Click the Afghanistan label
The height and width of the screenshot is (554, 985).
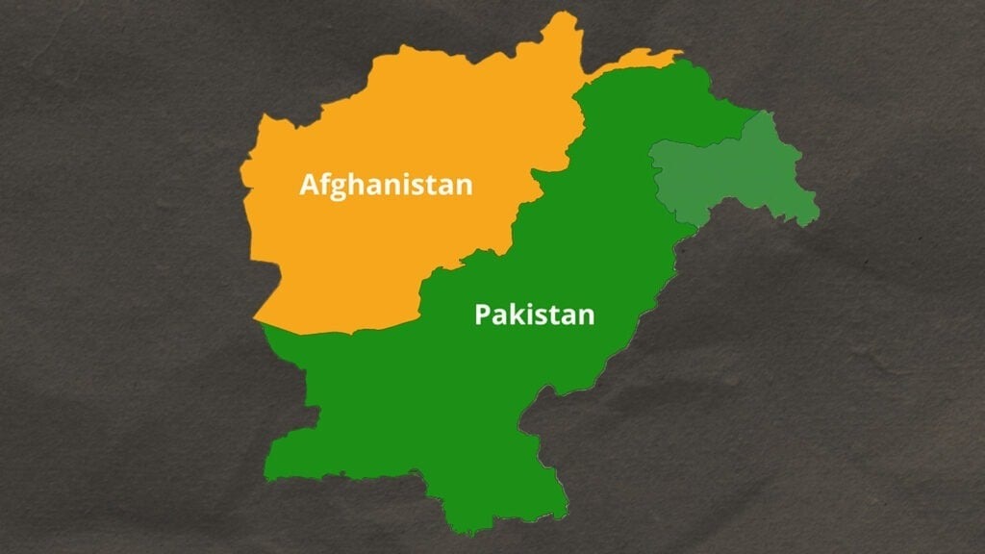[386, 184]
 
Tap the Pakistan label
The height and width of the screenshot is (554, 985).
[534, 315]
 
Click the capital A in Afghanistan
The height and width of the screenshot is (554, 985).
[310, 184]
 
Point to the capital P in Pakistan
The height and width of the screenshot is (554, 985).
[482, 315]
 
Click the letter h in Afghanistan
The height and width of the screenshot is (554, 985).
[359, 183]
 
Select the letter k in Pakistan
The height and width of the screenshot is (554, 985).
[515, 314]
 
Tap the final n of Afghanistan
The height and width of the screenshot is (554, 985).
[464, 186]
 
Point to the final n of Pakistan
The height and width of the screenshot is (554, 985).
[586, 316]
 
